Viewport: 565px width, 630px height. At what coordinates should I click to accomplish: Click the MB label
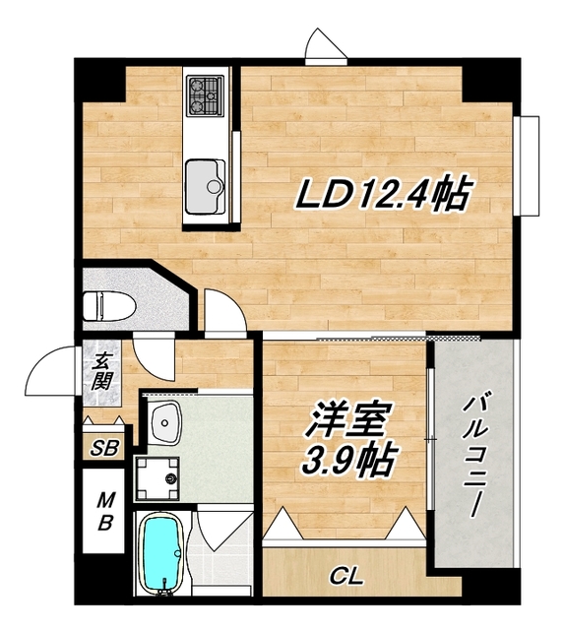tap(103, 513)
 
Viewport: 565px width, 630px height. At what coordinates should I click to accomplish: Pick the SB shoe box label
tap(103, 449)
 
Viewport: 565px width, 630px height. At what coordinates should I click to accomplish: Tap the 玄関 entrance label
tap(102, 371)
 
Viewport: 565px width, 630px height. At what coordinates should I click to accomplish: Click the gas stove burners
tap(207, 94)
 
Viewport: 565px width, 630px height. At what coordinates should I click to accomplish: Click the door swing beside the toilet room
tap(221, 309)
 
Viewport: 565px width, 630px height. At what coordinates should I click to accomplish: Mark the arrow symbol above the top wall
tap(324, 43)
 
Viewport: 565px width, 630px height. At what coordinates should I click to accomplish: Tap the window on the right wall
tap(530, 166)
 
